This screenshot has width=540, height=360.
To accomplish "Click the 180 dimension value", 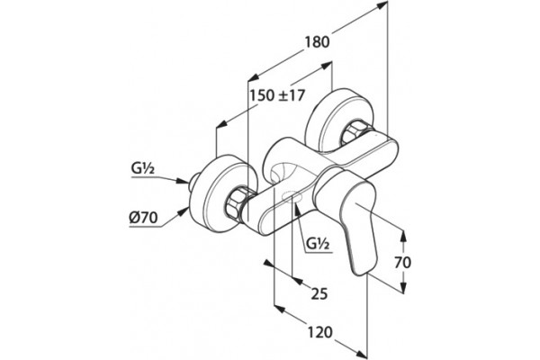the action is coord(317,42).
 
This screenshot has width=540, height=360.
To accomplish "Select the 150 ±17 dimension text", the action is coord(277,95).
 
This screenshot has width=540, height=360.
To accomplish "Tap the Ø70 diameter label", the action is coord(144,218).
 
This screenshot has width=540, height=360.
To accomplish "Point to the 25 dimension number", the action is coord(319,294).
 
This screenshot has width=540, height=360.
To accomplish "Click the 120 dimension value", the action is coord(319,332).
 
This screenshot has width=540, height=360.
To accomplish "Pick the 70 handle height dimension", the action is coord(402,263).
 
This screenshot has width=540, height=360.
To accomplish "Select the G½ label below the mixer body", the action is coord(318,244).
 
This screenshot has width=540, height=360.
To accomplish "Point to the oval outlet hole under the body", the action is coord(292,196).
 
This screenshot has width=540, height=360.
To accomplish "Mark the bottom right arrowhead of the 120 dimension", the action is coord(362,355).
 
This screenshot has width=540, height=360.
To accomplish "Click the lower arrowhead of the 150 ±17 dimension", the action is coord(223,123).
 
